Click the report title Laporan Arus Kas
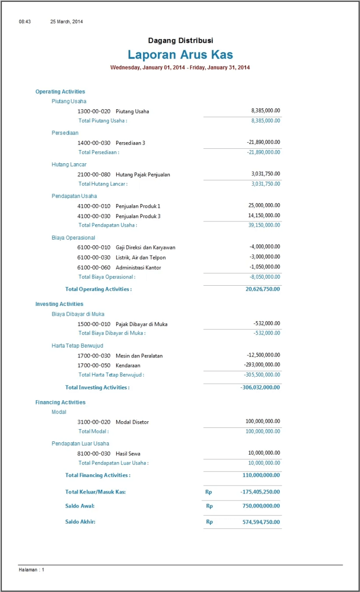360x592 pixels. tap(180, 55)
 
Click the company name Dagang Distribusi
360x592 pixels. tap(180, 41)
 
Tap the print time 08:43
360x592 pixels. tap(25, 22)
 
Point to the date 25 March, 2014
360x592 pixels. tap(67, 22)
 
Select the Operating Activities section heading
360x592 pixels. tap(60, 92)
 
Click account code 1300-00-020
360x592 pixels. tap(94, 112)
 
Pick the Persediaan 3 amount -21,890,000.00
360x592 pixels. tap(263, 142)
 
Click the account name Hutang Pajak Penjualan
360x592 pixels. tap(142, 175)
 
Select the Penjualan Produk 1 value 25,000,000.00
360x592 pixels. tap(264, 205)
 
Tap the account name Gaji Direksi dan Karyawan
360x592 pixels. tap(145, 247)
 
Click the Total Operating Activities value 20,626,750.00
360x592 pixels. tap(262, 289)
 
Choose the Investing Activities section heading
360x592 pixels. tap(59, 304)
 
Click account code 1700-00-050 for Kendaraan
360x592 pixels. tap(94, 365)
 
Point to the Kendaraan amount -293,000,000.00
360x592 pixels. tap(262, 365)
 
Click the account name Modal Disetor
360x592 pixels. tap(132, 422)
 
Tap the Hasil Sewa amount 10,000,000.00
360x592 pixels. tap(264, 453)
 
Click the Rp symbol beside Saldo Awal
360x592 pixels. tap(210, 506)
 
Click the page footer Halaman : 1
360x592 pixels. tap(31, 569)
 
